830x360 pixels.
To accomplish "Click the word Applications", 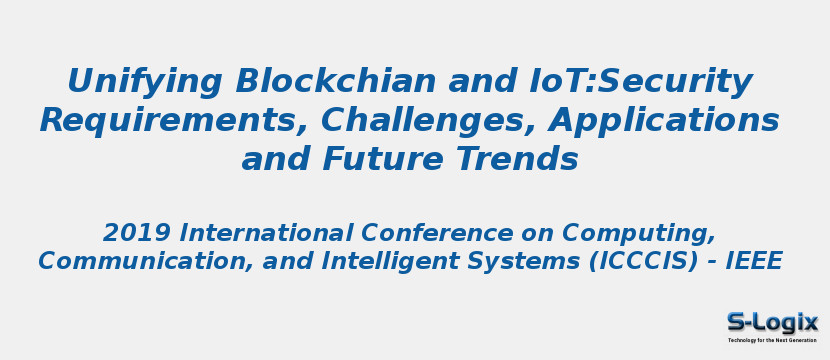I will click(x=664, y=121).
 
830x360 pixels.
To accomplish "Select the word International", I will click(x=266, y=234).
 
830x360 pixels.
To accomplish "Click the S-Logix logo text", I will click(x=772, y=322).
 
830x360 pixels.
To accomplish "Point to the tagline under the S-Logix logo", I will click(x=772, y=340).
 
